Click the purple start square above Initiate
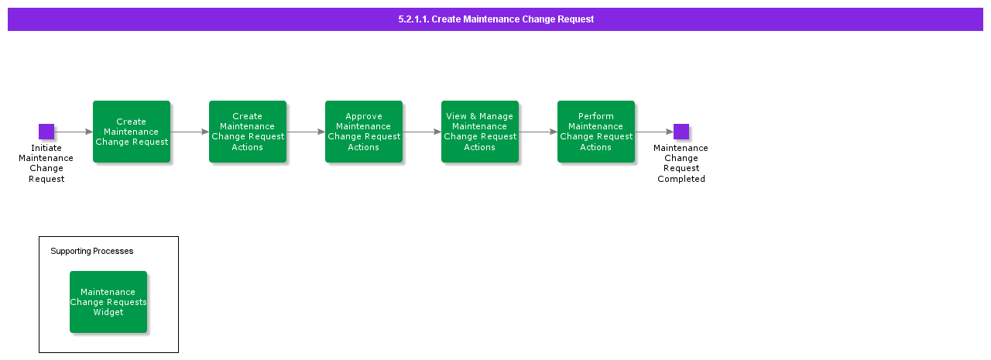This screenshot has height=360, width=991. [x=46, y=132]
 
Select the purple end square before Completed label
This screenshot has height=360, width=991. [x=681, y=132]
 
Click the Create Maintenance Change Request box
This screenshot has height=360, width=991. [x=132, y=132]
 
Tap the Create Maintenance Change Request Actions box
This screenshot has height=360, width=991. [x=248, y=132]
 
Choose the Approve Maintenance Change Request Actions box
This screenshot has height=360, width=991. [x=364, y=132]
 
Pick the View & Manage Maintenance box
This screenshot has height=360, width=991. [x=480, y=132]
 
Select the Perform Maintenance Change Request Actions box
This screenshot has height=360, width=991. [x=596, y=132]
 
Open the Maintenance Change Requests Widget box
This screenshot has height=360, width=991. [x=108, y=302]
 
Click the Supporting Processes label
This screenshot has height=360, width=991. [x=92, y=252]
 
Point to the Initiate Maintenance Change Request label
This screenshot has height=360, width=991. [x=46, y=163]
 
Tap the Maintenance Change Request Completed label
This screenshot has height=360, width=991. [x=681, y=163]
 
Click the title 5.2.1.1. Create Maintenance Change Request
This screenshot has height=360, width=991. [x=495, y=19]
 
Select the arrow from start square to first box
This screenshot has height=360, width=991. [x=74, y=132]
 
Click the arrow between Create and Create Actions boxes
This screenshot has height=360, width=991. [x=190, y=132]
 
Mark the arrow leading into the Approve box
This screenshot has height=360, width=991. [x=306, y=132]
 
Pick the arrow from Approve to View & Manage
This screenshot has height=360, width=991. [x=422, y=132]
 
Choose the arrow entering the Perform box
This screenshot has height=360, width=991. [x=538, y=132]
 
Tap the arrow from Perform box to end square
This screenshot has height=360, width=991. [x=654, y=132]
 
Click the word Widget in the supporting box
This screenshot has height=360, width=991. [x=108, y=313]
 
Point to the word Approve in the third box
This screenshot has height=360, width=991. [x=364, y=117]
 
